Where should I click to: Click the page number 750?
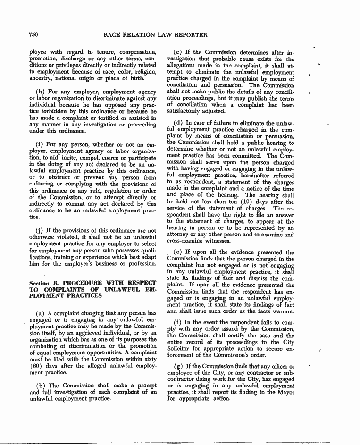click(33, 34)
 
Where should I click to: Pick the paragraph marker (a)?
click(40, 313)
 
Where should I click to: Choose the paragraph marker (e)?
click(178, 252)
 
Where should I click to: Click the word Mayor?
click(284, 393)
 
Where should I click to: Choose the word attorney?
click(180, 234)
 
